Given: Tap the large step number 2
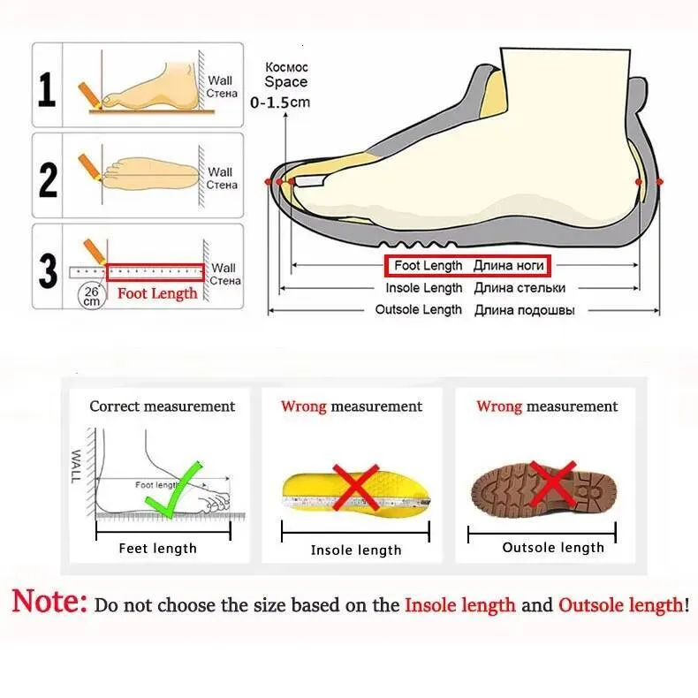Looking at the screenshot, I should (48, 178).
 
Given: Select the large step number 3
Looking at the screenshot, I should (48, 270).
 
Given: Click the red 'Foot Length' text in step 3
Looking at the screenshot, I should (157, 293).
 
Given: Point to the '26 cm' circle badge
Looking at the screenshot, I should (91, 295).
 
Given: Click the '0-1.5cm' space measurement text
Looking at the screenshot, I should (281, 102).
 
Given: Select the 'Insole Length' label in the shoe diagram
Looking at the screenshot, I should (424, 288).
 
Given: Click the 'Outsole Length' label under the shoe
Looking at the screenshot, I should (419, 310).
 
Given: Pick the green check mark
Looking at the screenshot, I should (178, 491).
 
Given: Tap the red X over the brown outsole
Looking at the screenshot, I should (554, 486).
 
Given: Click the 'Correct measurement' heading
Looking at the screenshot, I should (163, 406).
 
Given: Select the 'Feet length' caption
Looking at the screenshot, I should (157, 549).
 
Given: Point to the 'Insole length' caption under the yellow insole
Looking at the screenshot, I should (356, 550).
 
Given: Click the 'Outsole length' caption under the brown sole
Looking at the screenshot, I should (553, 548).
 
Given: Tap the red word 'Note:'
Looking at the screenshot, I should (49, 603).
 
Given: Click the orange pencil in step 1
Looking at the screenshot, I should (87, 92).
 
